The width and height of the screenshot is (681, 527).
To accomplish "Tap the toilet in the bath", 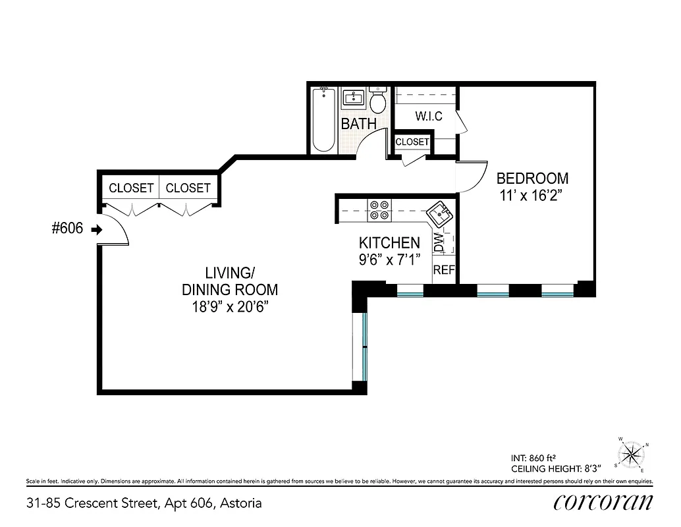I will (378, 101).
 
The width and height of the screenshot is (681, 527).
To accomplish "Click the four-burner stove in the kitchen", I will (379, 209).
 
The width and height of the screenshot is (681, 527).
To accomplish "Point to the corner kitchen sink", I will (437, 214).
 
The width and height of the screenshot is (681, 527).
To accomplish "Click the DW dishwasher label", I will (439, 244).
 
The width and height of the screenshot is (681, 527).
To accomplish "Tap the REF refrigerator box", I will (443, 269).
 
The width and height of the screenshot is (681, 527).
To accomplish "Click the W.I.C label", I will (428, 117).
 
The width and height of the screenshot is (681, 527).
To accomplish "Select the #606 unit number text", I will (67, 229).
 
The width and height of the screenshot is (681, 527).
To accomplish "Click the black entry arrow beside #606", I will (96, 230).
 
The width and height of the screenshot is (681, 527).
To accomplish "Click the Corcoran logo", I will (603, 502).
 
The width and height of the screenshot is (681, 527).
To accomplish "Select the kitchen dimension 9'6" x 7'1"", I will (389, 259).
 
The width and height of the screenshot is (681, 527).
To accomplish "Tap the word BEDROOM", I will (532, 179).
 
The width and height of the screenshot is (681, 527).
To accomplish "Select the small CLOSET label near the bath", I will (412, 142).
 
